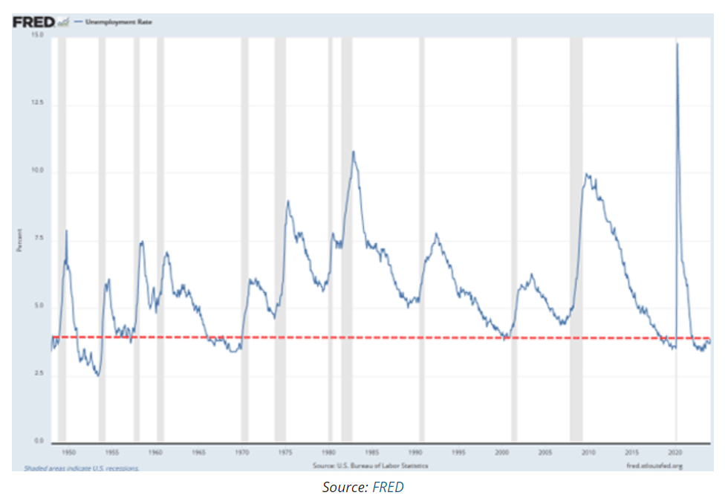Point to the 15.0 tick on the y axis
click(x=38, y=35)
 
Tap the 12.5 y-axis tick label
click(x=38, y=103)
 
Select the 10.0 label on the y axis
click(x=38, y=171)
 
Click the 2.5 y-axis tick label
click(x=39, y=374)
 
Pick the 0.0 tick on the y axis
click(x=39, y=442)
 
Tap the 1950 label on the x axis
click(x=68, y=451)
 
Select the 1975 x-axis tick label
click(x=285, y=451)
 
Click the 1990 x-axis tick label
click(x=416, y=451)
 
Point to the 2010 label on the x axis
click(x=589, y=451)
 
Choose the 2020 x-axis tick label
click(x=676, y=451)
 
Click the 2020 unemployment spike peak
click(x=677, y=44)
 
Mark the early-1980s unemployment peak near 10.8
click(x=354, y=152)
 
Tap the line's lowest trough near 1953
click(x=97, y=375)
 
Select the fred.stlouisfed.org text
click(x=654, y=466)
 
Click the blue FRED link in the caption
click(x=388, y=488)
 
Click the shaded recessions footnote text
click(x=82, y=468)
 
